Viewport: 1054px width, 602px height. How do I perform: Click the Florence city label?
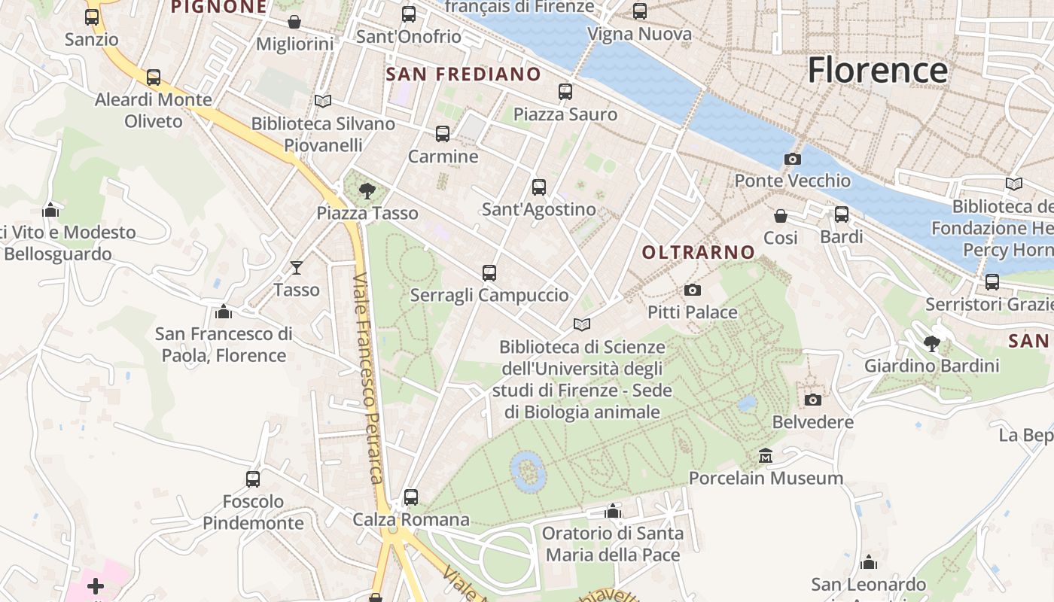(x=877, y=70)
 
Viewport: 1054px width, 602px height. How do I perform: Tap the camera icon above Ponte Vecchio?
(x=792, y=159)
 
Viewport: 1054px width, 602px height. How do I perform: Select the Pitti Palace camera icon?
(x=692, y=290)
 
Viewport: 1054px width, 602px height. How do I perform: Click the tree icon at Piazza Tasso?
(x=367, y=190)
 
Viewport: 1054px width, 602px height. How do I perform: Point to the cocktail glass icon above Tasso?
(x=297, y=267)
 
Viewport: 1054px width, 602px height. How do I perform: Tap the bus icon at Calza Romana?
(x=410, y=497)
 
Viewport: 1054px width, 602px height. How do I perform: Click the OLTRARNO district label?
(x=698, y=253)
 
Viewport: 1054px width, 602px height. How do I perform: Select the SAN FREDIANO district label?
(x=463, y=74)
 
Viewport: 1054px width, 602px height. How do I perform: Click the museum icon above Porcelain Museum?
(x=766, y=456)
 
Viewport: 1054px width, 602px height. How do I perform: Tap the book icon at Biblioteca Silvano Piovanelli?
(x=323, y=101)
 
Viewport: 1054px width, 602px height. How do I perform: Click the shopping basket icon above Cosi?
(x=781, y=216)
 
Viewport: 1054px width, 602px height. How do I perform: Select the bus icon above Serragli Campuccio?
(x=489, y=273)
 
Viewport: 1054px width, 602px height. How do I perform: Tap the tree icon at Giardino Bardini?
(x=931, y=344)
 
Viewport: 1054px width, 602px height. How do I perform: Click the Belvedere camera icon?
(x=812, y=400)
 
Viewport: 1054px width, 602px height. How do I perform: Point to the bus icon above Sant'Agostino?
(x=538, y=187)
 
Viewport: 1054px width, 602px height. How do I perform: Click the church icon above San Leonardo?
(x=868, y=562)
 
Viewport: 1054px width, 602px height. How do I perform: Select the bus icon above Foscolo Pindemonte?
(x=253, y=479)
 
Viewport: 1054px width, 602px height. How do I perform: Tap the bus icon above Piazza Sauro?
(x=565, y=92)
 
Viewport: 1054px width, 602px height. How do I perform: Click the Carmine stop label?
(x=443, y=157)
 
